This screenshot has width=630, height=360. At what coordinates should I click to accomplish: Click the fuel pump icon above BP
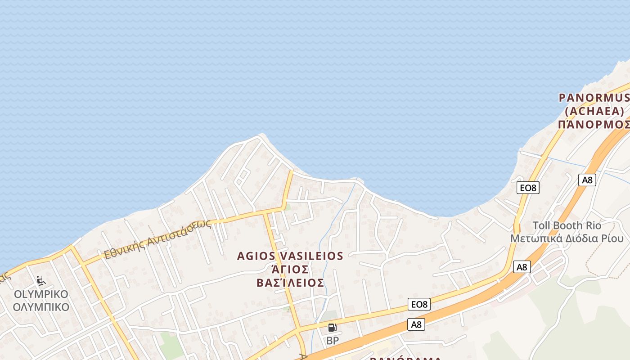[x=332, y=328]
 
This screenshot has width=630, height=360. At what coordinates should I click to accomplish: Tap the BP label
[x=333, y=341]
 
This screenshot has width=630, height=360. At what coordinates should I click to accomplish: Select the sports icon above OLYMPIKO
[x=41, y=281]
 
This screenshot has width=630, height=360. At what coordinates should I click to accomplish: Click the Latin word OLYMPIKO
[x=41, y=295]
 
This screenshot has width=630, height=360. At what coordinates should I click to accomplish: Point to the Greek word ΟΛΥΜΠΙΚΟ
[x=41, y=307]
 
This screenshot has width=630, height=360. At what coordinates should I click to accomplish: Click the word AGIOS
[x=256, y=256]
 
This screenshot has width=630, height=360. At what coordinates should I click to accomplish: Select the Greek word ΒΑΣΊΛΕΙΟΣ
[x=290, y=283]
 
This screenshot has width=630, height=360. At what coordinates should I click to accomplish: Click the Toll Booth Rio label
[x=567, y=225]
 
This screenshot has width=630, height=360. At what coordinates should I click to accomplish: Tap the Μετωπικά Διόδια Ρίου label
[x=567, y=238]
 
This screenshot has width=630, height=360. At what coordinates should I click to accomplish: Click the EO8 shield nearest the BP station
[x=419, y=305]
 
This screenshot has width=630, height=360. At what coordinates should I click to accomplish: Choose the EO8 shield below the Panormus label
[x=528, y=188]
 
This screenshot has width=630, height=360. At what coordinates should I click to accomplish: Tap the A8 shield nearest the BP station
[x=417, y=324]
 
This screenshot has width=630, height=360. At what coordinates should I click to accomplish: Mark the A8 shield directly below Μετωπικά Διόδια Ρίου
[x=522, y=267]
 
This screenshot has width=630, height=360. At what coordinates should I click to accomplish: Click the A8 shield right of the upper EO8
[x=587, y=180]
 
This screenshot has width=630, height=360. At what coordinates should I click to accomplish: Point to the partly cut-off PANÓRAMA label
[x=405, y=358]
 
